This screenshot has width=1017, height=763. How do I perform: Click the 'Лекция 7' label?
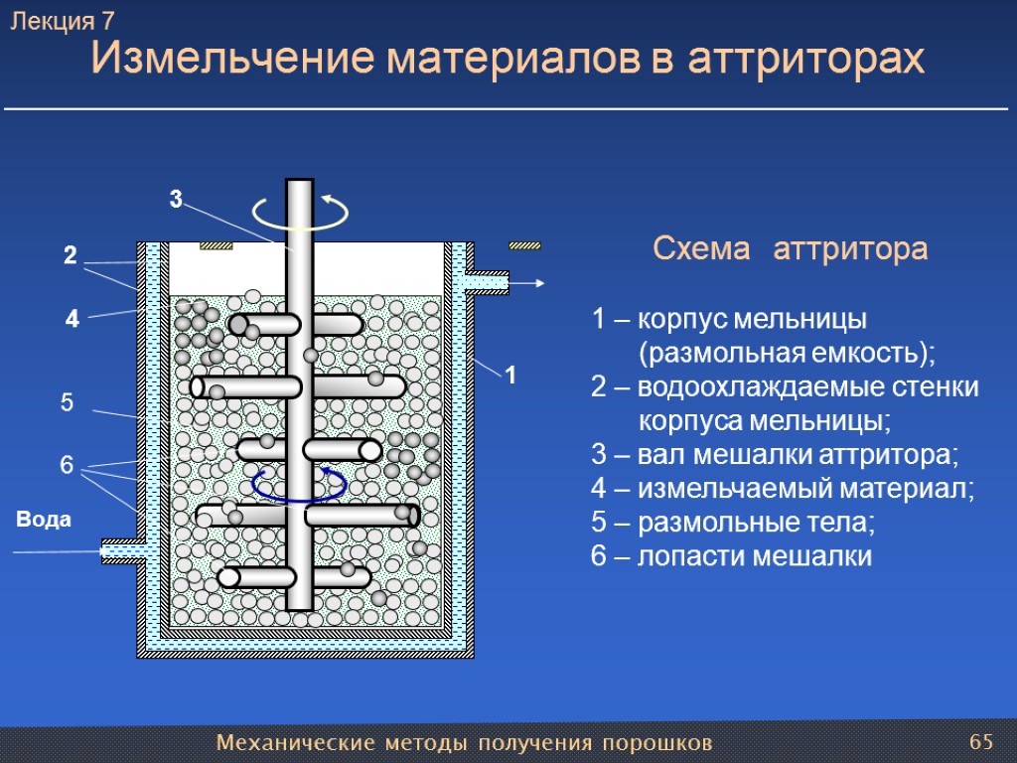point(63,21)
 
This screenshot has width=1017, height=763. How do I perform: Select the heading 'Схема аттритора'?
point(790,249)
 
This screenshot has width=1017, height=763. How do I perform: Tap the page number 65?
point(981,742)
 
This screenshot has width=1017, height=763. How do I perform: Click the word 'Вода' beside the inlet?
point(44,519)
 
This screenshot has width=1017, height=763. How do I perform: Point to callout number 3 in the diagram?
point(175,200)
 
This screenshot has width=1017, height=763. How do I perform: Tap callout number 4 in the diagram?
point(71,320)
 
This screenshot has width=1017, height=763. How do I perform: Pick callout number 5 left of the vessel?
point(68,403)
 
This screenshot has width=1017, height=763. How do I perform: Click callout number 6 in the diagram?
point(67,465)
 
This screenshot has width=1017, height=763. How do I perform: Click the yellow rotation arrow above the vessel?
point(300,212)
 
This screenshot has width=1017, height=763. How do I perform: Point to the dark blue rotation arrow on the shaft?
point(299,485)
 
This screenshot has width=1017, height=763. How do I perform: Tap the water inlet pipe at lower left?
point(121,549)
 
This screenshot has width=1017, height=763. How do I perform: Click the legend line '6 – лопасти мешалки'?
point(731,556)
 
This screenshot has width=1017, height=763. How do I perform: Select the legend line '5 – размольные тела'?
point(734,522)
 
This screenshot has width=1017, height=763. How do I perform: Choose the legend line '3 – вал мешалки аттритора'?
point(775,455)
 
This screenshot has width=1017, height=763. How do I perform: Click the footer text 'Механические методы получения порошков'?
point(464,743)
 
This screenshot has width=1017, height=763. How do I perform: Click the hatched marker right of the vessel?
point(524,245)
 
